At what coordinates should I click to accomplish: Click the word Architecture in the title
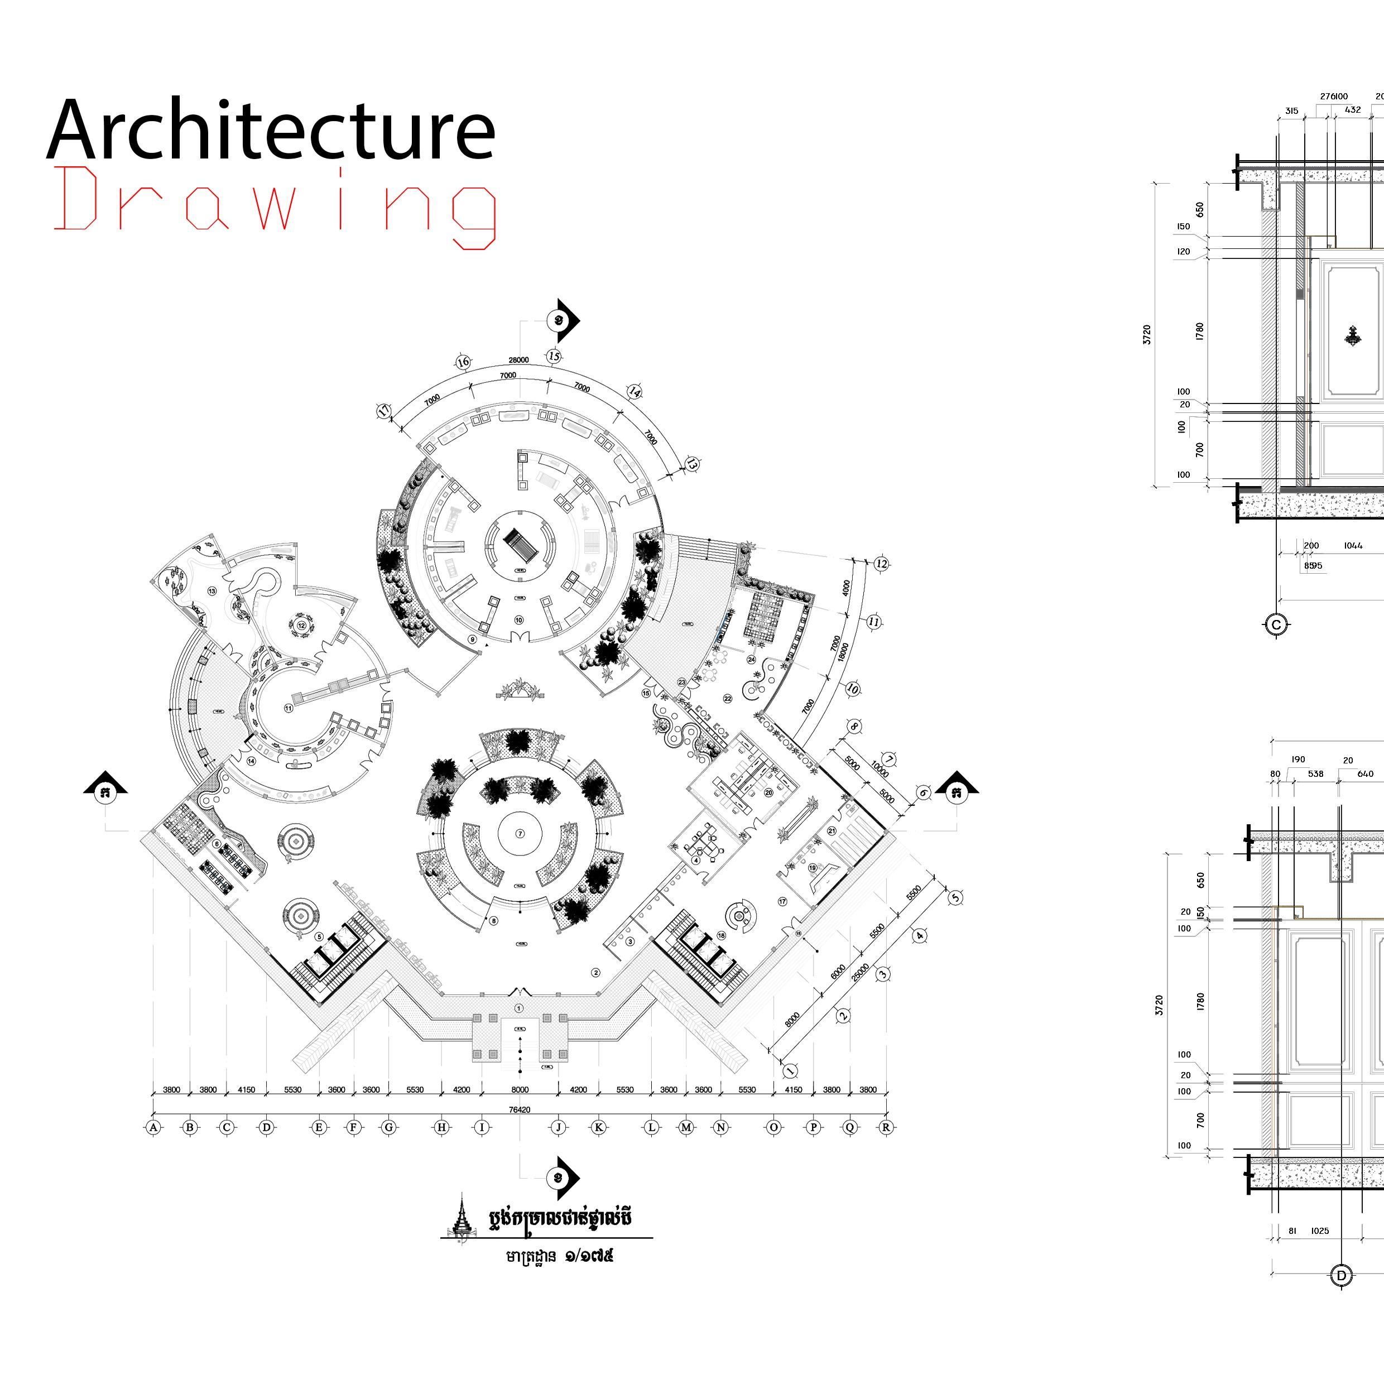point(271,131)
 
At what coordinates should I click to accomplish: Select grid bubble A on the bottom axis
point(153,1127)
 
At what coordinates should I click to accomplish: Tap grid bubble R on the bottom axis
point(886,1127)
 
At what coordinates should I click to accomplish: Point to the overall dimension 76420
point(520,1109)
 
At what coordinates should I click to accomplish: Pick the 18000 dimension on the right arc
point(844,652)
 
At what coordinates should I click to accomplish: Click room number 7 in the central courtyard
point(520,834)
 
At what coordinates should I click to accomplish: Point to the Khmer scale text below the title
point(560,1257)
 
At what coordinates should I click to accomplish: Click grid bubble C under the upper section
point(1275,624)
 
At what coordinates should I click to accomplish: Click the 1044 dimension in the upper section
point(1353,546)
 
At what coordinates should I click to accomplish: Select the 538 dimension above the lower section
point(1315,773)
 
